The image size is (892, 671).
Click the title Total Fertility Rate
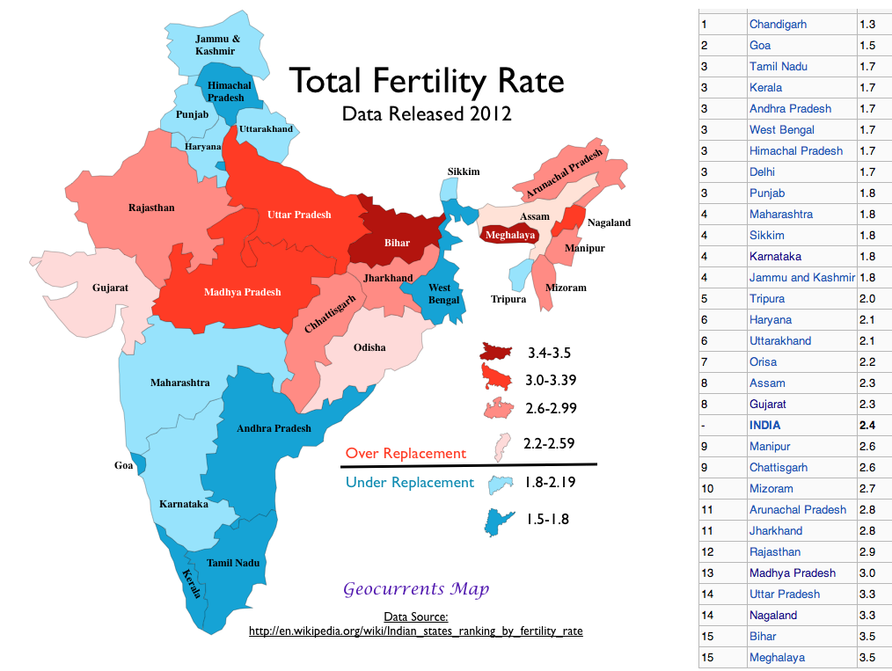pos(427,81)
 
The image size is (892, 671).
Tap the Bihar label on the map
pos(397,243)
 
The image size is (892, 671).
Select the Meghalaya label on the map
pos(510,235)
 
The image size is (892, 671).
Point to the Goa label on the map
pos(123,465)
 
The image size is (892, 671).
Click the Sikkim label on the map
pos(464,171)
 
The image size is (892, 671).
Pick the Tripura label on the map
pos(508,299)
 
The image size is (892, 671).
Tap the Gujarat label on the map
pos(110,288)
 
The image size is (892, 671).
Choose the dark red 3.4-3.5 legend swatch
pos(498,353)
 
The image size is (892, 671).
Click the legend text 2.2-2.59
pos(550,443)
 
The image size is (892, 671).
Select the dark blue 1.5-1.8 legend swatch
pos(498,520)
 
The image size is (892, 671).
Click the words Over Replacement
pos(406,454)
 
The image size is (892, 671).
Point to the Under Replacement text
pos(409,482)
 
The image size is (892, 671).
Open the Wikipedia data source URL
pos(415,631)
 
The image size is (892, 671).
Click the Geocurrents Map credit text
pos(416,588)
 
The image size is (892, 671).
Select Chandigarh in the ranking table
pos(778,24)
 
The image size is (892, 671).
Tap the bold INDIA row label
pos(764,425)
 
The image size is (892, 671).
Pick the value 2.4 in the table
pos(867,425)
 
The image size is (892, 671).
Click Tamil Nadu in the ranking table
pos(778,66)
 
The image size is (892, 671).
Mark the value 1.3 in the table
pos(867,24)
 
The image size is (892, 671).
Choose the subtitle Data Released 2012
pos(427,113)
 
